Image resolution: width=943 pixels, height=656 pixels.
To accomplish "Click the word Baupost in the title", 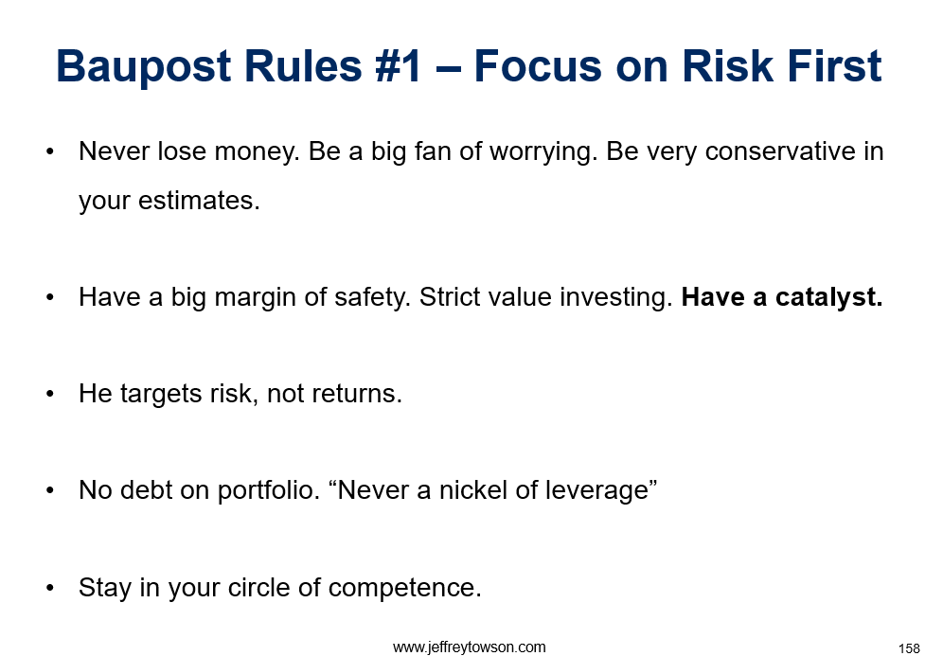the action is [x=144, y=67].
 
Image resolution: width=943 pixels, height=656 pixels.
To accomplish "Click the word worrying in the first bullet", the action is [x=543, y=152].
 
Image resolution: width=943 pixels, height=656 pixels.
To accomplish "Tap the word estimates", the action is [x=199, y=201].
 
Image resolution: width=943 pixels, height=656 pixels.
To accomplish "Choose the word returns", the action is [x=357, y=395].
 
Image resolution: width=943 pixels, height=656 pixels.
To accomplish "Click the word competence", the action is [x=404, y=589].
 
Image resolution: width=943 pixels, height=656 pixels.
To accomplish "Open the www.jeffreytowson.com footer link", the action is [x=469, y=647].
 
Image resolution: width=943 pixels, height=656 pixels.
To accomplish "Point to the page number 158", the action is [x=909, y=648].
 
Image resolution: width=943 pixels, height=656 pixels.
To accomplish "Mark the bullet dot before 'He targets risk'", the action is [x=50, y=395].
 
